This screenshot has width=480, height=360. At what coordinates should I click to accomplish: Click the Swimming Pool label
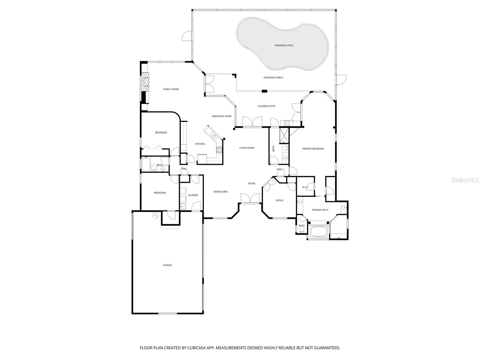coord(284,46)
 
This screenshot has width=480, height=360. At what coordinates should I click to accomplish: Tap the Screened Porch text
coord(273,78)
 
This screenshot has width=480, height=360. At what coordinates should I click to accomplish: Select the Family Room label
coord(171,89)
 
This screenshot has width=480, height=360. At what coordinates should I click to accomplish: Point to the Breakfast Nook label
coord(222,116)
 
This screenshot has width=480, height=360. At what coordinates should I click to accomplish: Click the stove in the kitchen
coord(219,149)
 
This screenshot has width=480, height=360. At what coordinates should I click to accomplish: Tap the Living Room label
coord(247,148)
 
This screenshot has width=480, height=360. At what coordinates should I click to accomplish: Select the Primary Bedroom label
coord(313,149)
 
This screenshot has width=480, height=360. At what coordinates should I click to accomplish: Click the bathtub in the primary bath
coord(319,231)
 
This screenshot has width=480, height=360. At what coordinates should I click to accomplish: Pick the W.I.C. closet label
coord(305,187)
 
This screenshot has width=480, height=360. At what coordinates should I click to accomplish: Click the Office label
coord(279,200)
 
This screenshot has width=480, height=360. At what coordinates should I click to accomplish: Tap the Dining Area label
coord(220,192)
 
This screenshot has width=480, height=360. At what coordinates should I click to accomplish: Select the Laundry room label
coord(193,195)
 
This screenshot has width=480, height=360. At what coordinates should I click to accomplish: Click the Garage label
coord(167,265)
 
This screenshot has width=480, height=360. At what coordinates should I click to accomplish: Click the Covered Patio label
coord(266,106)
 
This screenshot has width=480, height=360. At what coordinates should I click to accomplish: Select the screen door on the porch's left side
coord(187,36)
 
